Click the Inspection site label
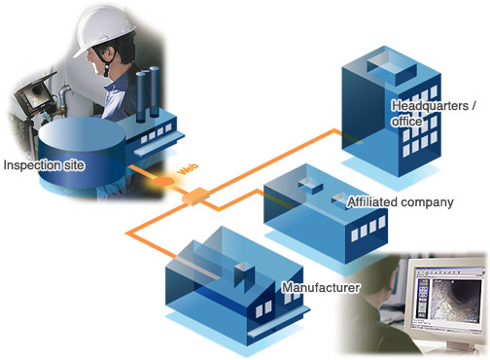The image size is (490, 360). pos(44,165)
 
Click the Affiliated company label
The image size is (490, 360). pos(401,202)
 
